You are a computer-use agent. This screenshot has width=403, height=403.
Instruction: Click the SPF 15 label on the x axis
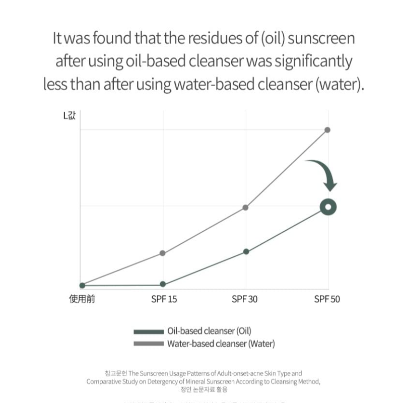[x=164, y=299]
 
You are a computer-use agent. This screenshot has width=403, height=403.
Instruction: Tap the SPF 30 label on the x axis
[x=245, y=299]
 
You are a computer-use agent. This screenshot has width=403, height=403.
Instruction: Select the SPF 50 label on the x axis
[x=327, y=299]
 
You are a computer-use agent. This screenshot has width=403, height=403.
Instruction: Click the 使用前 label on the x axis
[x=82, y=299]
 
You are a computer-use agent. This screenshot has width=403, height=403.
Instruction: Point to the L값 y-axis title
[x=69, y=116]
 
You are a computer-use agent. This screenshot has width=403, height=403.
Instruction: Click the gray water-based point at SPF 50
[x=327, y=130]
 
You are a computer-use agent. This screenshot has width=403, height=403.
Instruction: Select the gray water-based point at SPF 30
[x=246, y=208]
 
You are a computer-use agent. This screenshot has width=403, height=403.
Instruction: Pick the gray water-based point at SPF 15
[x=163, y=253]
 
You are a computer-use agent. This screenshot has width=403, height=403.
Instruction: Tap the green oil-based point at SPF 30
[x=246, y=251]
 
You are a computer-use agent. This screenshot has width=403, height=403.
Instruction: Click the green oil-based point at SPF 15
[x=163, y=285]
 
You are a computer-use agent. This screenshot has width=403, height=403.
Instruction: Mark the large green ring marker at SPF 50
[x=328, y=207]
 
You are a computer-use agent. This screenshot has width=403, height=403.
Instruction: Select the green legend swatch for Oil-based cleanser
[x=149, y=332]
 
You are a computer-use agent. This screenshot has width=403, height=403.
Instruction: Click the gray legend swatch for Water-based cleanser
[x=149, y=344]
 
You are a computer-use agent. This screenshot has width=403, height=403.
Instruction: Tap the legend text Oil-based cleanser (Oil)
[x=209, y=331]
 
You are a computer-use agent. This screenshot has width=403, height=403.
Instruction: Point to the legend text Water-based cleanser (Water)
[x=221, y=344]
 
